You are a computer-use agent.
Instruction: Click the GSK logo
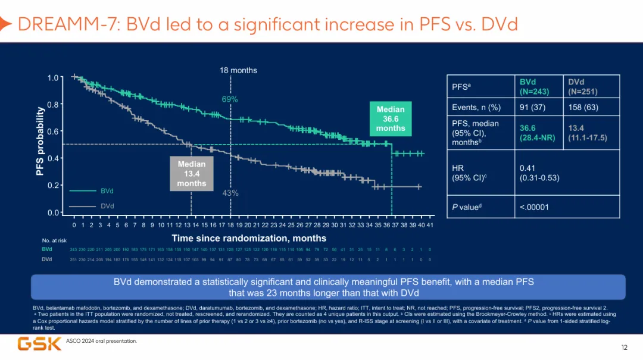tap(39, 343)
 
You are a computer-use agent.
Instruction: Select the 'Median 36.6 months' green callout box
tap(391, 118)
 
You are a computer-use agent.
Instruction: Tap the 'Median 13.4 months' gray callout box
tap(192, 173)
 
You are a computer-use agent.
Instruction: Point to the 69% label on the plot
tap(230, 99)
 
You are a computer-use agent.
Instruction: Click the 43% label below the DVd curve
tap(230, 193)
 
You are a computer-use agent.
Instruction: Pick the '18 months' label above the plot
tap(238, 70)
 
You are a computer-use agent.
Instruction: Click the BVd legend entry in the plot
tap(107, 191)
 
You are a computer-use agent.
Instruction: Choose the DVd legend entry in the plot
tap(107, 206)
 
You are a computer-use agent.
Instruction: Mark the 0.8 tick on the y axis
tap(54, 104)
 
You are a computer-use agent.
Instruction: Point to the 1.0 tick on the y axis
tap(54, 77)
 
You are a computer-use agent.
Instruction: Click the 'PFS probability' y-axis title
tap(40, 141)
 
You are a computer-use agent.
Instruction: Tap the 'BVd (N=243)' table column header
tap(534, 87)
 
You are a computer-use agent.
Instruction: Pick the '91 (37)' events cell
tap(533, 108)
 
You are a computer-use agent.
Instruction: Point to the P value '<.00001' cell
tap(534, 207)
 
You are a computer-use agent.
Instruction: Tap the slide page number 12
tap(624, 347)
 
